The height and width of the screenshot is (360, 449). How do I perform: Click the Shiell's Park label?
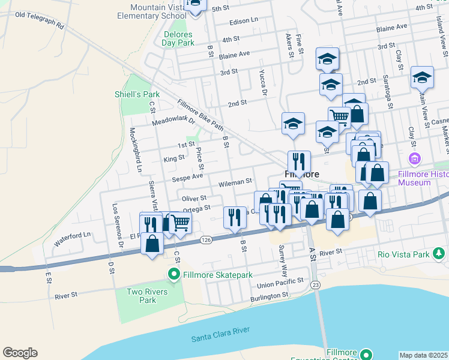137,94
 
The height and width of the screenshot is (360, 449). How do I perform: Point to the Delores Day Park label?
179,38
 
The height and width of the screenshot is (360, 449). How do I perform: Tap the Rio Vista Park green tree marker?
439,254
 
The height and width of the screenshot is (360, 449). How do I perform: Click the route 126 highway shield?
206,239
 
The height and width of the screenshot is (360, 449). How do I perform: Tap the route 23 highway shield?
316,284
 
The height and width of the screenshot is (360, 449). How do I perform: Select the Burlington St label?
270,297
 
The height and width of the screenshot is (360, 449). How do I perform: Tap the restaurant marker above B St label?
235,217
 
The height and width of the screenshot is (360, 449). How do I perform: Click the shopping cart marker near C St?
181,223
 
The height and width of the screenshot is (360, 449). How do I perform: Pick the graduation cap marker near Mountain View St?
422,77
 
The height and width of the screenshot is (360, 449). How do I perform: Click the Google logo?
20,353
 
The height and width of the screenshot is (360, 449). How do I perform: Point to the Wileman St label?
235,181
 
